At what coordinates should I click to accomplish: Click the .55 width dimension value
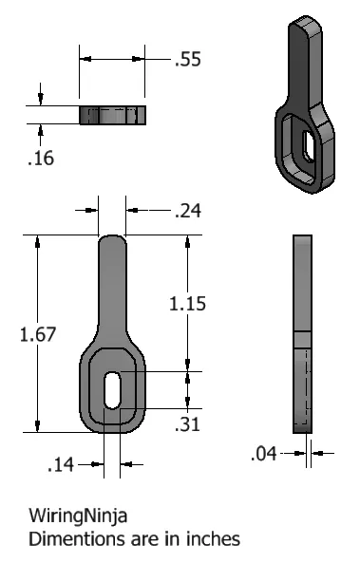[x=187, y=60]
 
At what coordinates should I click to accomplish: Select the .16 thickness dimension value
[x=40, y=158]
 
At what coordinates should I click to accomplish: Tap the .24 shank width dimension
[x=188, y=213]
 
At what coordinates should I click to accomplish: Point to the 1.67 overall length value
[x=18, y=334]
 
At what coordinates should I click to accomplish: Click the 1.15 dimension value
[x=188, y=304]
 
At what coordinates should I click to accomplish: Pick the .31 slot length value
[x=188, y=424]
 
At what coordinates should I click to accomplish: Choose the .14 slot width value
[x=61, y=464]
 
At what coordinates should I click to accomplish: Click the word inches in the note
[x=213, y=538]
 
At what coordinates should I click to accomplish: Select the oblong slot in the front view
[x=112, y=390]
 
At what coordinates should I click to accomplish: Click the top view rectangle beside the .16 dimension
[x=112, y=115]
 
